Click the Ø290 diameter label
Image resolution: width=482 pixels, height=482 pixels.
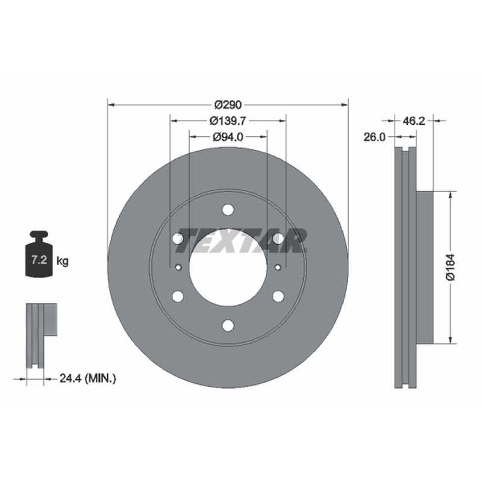point(228,105)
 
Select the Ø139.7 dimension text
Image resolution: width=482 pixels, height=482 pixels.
point(228,121)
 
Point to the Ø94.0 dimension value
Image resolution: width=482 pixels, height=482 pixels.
point(228,137)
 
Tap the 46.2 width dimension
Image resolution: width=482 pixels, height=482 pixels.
point(414,121)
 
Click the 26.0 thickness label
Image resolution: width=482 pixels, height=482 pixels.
point(374,137)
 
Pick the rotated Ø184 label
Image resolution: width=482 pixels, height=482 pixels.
point(450,267)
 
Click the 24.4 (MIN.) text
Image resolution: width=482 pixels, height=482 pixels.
point(88,378)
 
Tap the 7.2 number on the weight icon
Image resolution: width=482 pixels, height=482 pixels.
point(39,260)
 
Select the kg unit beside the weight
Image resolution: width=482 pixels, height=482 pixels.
point(63,261)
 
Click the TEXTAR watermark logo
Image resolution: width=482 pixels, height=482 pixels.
point(241,240)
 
